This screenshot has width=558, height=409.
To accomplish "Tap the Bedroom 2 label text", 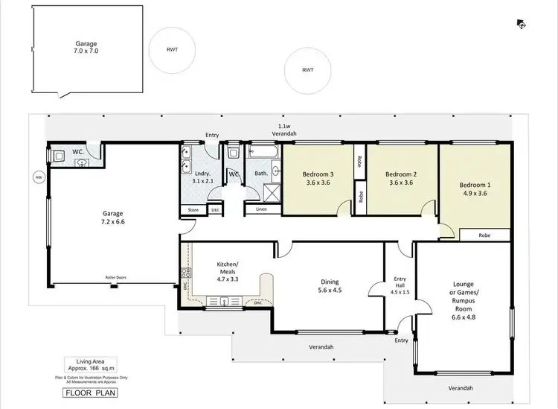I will tap(400, 179).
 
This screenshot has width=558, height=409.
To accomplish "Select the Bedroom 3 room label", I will tap(318, 179).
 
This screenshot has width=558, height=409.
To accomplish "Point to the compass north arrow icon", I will tap(522, 24).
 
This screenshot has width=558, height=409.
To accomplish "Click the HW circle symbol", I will tap(38, 177).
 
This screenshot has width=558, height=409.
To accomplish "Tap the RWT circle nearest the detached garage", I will tap(172, 50).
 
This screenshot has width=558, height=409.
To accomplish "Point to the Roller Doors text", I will tap(115, 278).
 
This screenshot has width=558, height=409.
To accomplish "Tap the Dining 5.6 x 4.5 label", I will tap(330, 286).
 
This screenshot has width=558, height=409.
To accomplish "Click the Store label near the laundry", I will tap(193, 210).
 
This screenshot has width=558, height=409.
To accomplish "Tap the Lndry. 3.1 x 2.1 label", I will tap(203, 177).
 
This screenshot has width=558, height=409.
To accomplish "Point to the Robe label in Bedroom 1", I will tap(484, 235).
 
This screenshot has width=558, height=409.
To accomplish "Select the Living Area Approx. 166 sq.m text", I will tap(83, 366).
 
